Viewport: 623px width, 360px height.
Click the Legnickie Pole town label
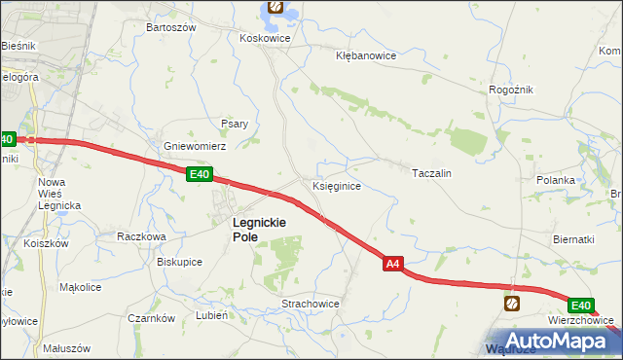pos(258,229)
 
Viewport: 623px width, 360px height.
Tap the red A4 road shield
pos(392,263)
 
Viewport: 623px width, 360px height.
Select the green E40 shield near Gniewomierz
pos(200,174)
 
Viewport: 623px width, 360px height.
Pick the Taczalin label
pos(432,172)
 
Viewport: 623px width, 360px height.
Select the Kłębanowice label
pos(365,55)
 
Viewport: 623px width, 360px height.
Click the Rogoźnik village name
pos(510,90)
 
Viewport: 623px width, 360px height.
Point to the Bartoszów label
pos(170,27)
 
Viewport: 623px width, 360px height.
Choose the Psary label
pos(235,124)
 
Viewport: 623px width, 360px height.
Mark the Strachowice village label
pos(310,304)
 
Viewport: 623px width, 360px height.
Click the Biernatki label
pos(573,239)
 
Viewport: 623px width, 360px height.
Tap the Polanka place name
pos(557,180)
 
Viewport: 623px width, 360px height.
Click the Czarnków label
pos(151,318)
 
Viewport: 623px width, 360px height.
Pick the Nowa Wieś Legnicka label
pos(58,194)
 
